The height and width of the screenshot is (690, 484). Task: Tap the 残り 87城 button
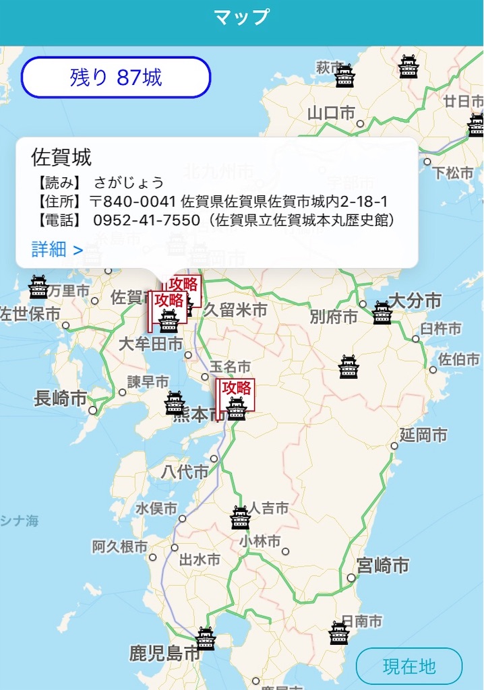click(x=116, y=77)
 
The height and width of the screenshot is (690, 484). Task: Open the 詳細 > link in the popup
click(x=57, y=249)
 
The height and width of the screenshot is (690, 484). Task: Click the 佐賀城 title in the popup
click(x=61, y=157)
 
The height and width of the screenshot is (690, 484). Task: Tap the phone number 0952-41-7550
click(x=146, y=220)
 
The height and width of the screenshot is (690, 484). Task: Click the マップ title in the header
click(x=242, y=17)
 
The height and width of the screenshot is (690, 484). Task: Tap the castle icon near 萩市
click(x=345, y=76)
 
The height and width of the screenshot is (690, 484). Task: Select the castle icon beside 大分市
click(x=382, y=313)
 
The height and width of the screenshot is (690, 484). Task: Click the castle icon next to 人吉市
click(x=241, y=517)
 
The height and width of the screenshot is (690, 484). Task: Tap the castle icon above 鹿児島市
click(x=206, y=638)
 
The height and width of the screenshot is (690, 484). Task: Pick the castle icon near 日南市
click(x=339, y=633)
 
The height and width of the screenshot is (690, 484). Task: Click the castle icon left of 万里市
click(x=38, y=287)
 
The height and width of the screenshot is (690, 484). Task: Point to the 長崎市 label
click(x=61, y=398)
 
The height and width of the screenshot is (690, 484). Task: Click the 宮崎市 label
click(x=383, y=565)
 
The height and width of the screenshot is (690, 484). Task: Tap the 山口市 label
click(x=331, y=113)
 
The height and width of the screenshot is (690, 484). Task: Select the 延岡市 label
click(x=423, y=435)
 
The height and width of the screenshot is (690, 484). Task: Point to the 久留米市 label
click(x=235, y=310)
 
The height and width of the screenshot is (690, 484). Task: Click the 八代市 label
click(x=185, y=472)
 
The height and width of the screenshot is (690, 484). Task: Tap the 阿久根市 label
click(x=119, y=546)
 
